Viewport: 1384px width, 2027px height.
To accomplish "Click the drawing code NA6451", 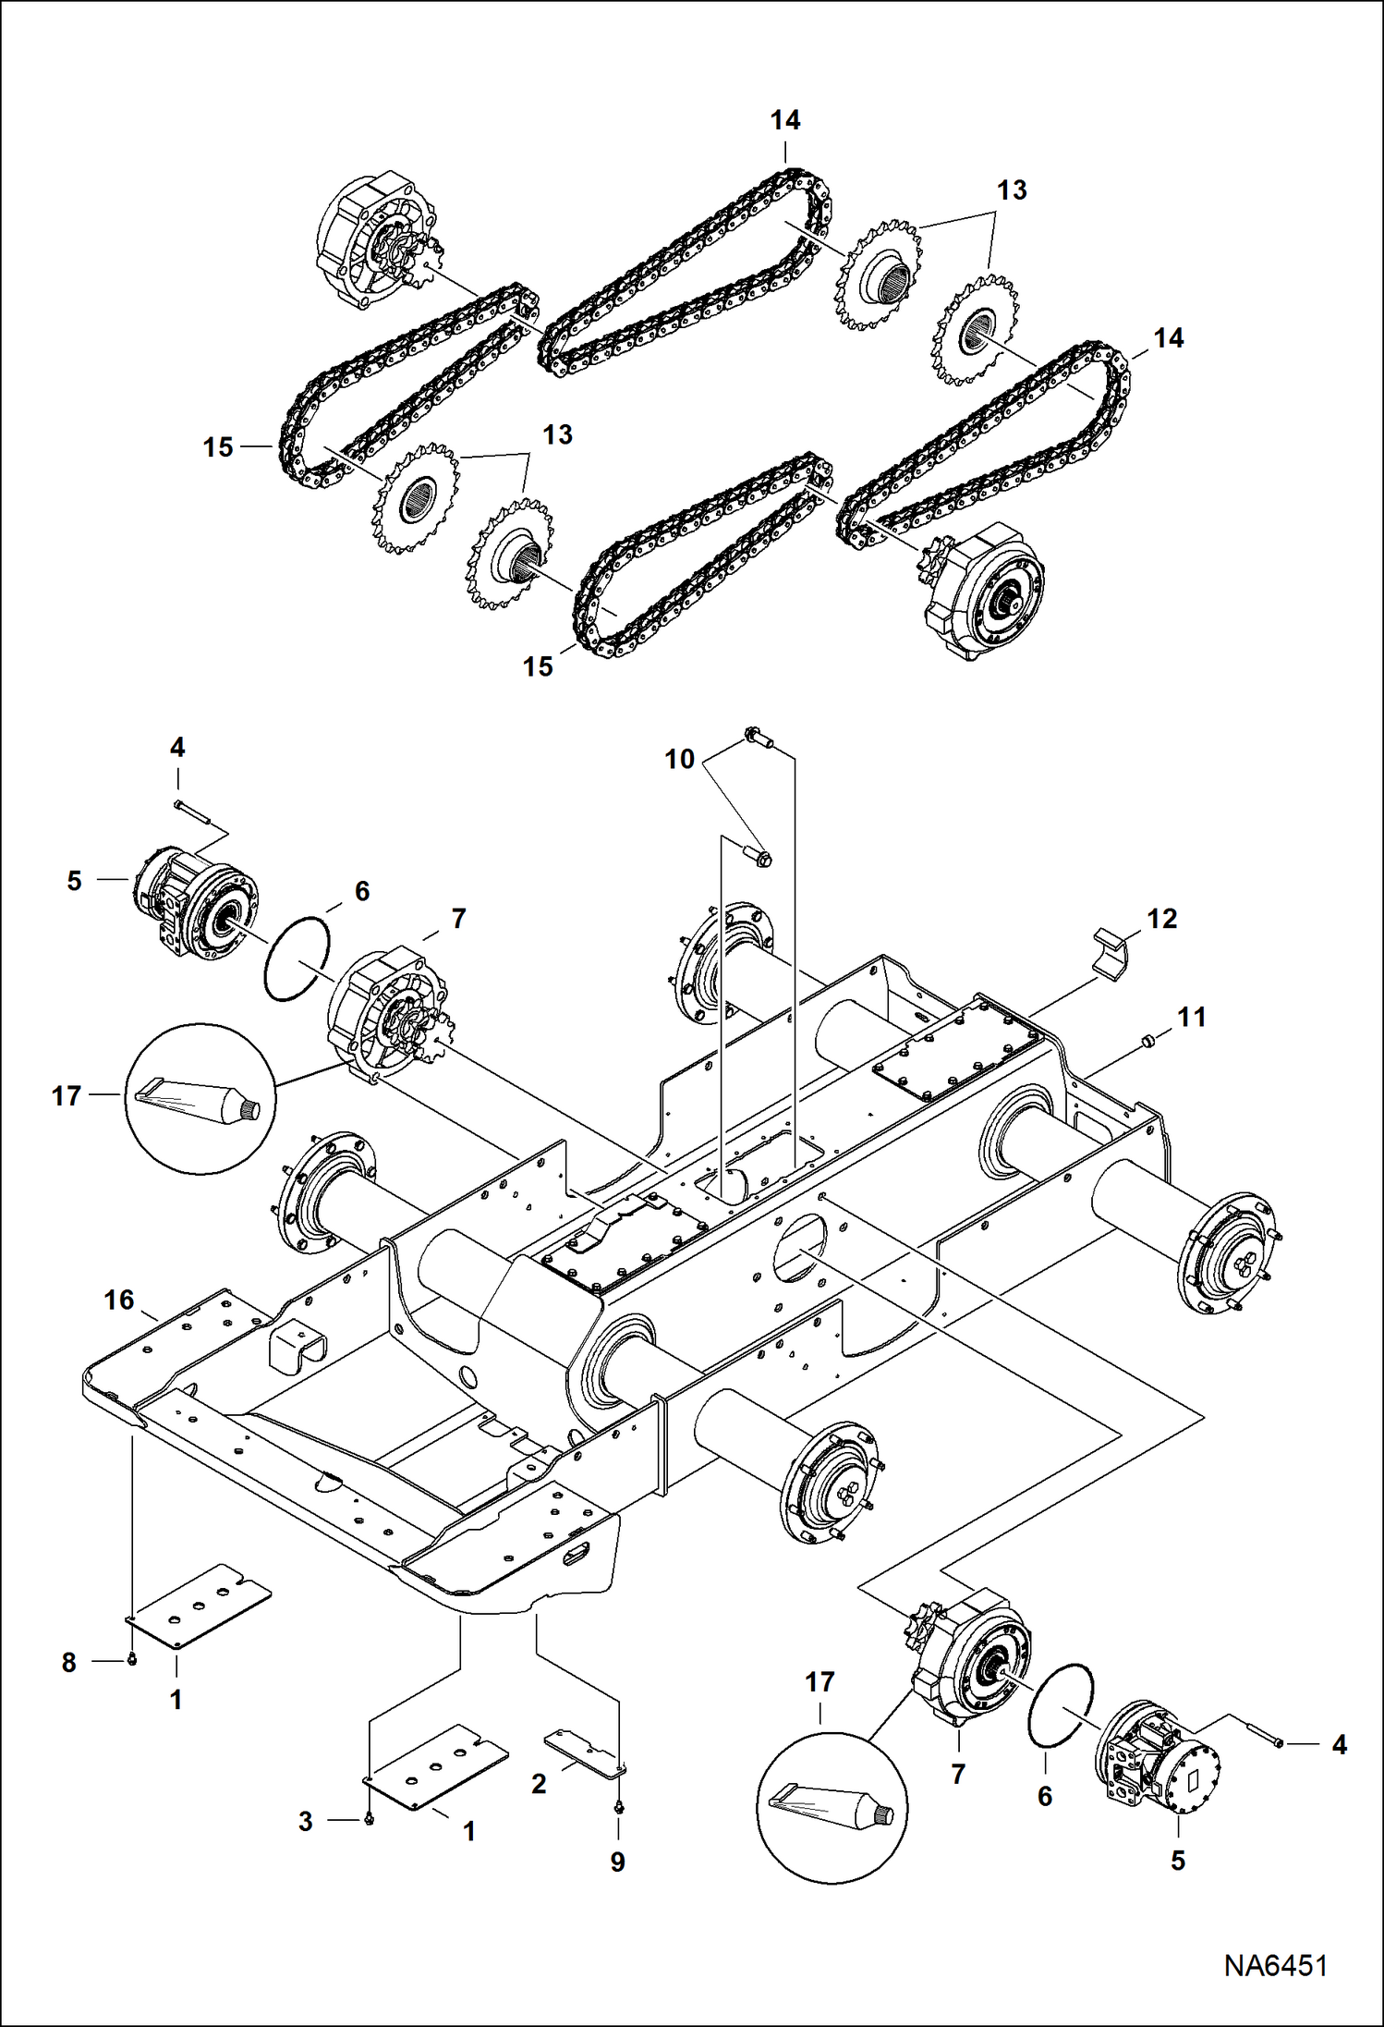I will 1275,1966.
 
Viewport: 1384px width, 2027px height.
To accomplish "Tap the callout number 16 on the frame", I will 119,1300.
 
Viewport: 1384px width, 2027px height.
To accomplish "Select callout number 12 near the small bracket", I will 1161,919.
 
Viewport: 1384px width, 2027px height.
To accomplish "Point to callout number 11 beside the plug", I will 1191,1018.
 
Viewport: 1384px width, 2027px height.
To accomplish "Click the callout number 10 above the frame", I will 679,759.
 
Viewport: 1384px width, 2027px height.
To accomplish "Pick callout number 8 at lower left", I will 69,1663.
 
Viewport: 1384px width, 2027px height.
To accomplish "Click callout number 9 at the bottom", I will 617,1862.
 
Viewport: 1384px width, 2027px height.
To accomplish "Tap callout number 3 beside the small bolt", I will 306,1821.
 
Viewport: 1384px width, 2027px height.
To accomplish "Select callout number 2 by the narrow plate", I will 539,1784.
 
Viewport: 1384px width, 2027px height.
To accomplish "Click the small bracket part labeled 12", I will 1113,952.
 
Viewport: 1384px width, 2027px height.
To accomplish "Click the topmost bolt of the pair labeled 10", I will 759,737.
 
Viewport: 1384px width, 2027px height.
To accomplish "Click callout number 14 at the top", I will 785,120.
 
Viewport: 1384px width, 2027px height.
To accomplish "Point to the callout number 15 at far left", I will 218,447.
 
